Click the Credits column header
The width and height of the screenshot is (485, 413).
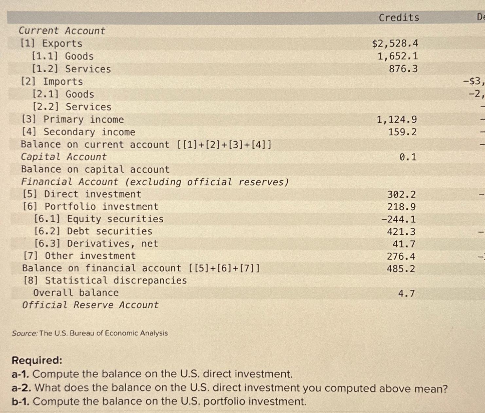click(x=399, y=18)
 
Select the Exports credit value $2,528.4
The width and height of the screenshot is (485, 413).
click(x=395, y=43)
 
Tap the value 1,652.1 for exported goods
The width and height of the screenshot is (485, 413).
click(x=398, y=56)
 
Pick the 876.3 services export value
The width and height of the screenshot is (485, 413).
click(x=403, y=69)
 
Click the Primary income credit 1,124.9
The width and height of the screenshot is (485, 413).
click(x=397, y=120)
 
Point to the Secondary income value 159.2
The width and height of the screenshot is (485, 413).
click(x=402, y=132)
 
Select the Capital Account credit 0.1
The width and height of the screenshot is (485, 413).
click(x=408, y=157)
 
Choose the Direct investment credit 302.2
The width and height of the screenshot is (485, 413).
click(x=402, y=195)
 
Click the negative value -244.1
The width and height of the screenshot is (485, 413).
click(x=398, y=219)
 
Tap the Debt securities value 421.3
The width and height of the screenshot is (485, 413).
click(x=401, y=232)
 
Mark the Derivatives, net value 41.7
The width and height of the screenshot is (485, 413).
click(x=404, y=244)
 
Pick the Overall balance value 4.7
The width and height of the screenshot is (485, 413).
click(x=406, y=294)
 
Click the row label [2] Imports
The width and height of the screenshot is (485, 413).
click(x=52, y=81)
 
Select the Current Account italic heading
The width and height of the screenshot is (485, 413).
click(x=62, y=31)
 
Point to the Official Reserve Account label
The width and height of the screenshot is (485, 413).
click(x=90, y=305)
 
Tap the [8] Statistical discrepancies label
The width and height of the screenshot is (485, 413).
click(x=105, y=281)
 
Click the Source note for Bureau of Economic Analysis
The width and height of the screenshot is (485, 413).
click(x=90, y=333)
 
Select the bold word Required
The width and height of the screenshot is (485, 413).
click(x=37, y=360)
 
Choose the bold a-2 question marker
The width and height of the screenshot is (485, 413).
click(x=21, y=388)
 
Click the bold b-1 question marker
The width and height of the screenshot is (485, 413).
click(x=21, y=402)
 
